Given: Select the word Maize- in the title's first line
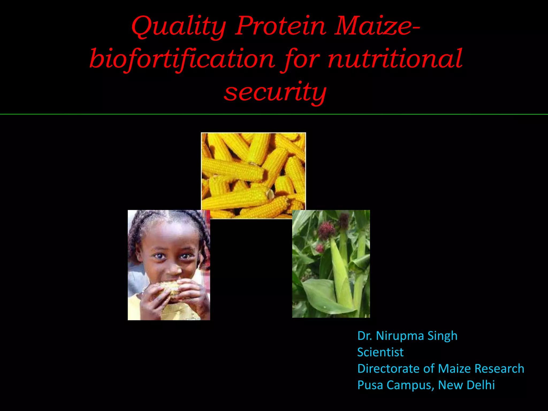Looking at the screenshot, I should (377, 26).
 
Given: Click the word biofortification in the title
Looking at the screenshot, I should (182, 59).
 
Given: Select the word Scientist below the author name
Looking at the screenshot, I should (380, 352).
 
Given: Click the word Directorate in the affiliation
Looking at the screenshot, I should (388, 369).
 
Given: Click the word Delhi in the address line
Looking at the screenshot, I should (481, 385).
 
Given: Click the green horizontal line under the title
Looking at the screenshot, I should (274, 114).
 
